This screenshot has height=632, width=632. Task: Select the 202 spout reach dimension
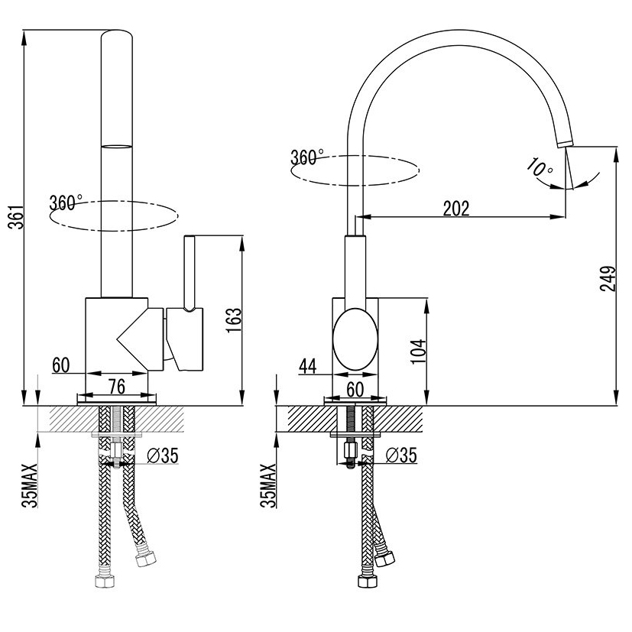tap(457, 206)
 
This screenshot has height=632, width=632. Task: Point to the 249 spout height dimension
tap(608, 280)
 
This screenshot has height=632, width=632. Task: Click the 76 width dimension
tap(117, 386)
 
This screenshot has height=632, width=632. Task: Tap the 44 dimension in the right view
tap(308, 366)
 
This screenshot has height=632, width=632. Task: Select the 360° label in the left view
tap(66, 203)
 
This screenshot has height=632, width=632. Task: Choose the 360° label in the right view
tap(307, 157)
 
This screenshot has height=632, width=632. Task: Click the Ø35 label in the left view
tap(161, 456)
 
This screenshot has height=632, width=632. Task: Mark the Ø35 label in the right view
tap(401, 456)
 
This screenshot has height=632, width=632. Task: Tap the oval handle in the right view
tap(355, 339)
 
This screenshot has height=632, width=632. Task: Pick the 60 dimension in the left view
tap(61, 365)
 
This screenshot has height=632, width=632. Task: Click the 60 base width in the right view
tap(355, 388)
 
